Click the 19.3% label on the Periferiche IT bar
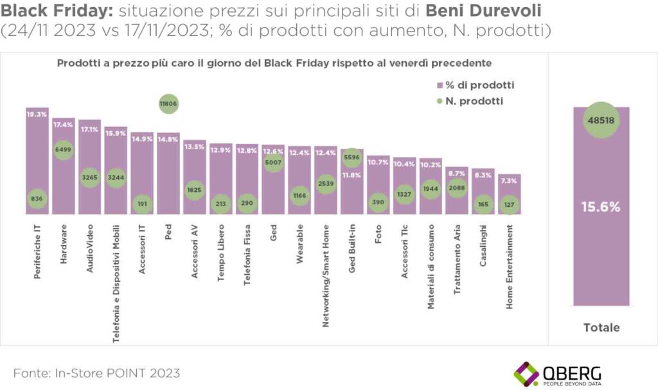(37, 114)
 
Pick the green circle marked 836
(37, 200)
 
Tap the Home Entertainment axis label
(509, 267)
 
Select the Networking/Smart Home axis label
(326, 276)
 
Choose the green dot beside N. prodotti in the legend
(440, 101)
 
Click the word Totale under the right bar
(601, 328)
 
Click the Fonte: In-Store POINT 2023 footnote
(96, 373)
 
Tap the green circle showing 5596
(352, 156)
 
